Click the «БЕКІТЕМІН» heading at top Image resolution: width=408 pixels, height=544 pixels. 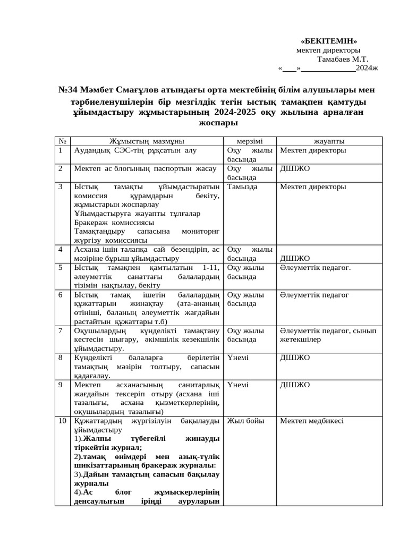329,41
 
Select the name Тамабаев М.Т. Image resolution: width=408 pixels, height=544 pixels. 342,59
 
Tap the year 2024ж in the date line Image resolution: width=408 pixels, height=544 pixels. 367,68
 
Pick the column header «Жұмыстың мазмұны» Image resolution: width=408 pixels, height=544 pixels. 147,141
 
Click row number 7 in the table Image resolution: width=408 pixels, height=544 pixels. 61,330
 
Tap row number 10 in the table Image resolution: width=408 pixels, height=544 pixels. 62,421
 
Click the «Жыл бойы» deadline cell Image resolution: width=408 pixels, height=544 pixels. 245,421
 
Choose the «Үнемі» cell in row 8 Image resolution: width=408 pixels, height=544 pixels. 237,358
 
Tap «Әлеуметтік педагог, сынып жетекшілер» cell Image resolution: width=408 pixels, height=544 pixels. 328,335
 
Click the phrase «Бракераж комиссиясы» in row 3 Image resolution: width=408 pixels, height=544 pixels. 114,222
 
